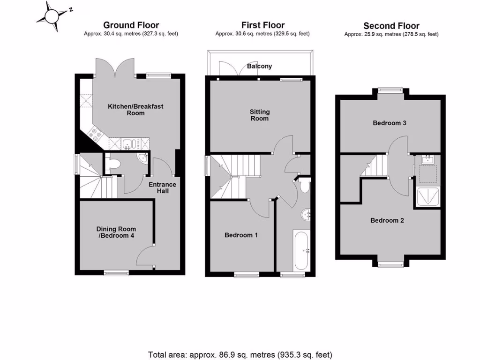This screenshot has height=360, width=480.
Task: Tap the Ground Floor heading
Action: (x=131, y=25)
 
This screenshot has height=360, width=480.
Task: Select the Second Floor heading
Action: (x=391, y=26)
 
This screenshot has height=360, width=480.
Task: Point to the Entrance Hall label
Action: (x=162, y=187)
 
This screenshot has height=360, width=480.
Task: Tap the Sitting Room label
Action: (x=259, y=115)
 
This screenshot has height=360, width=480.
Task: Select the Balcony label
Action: (x=259, y=67)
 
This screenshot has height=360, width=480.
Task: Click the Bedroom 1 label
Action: (x=241, y=235)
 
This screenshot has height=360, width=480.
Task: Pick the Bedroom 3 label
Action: (x=389, y=123)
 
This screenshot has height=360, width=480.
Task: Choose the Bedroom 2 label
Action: (x=387, y=220)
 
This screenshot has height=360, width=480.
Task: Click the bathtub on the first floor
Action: (x=300, y=250)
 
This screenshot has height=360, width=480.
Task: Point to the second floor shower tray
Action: (x=427, y=197)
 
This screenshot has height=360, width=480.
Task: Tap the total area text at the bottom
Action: (x=240, y=354)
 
